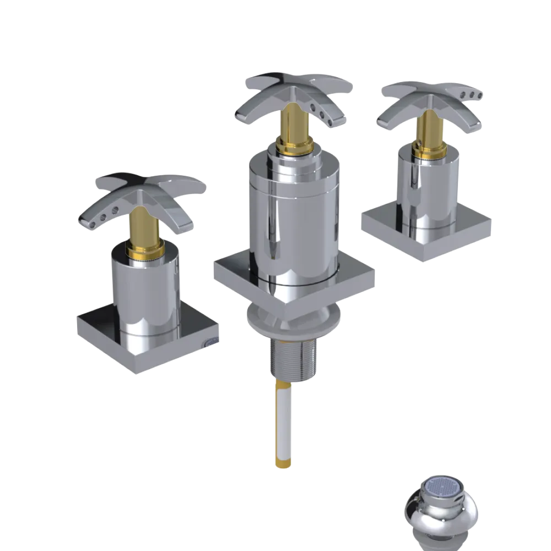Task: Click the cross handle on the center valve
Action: pos(292,94)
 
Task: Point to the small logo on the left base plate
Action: pos(210,343)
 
